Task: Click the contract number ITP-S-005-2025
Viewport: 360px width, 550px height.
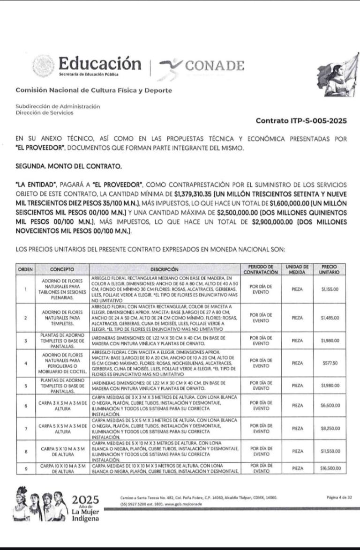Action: click(301, 120)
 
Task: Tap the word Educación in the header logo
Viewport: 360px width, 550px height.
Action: click(100, 64)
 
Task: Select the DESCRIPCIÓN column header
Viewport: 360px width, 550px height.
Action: click(165, 269)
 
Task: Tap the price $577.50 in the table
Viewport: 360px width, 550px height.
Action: click(330, 363)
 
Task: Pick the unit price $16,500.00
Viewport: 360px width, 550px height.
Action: click(330, 468)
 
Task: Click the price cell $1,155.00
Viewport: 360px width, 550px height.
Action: click(330, 289)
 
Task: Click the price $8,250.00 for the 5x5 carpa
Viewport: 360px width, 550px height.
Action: click(330, 428)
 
